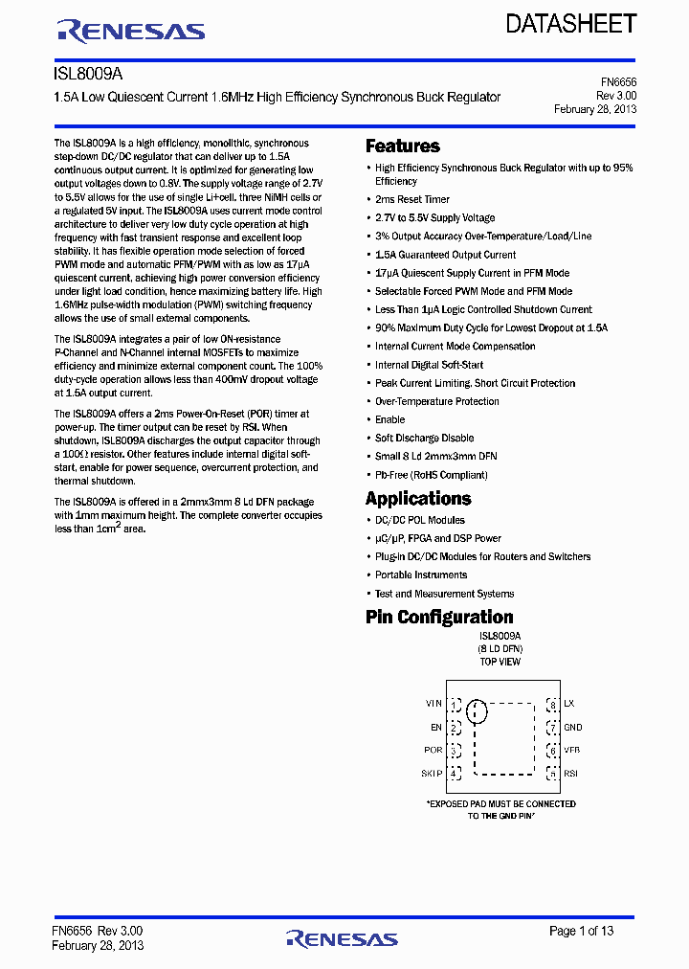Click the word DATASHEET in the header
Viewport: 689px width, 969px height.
pyautogui.click(x=571, y=25)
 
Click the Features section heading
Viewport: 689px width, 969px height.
pyautogui.click(x=403, y=146)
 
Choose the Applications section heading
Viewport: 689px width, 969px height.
pyautogui.click(x=418, y=499)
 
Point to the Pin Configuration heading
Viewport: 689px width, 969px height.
pyautogui.click(x=439, y=618)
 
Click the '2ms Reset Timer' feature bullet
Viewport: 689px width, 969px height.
pyautogui.click(x=411, y=199)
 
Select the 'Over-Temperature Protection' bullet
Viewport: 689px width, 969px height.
pyautogui.click(x=436, y=401)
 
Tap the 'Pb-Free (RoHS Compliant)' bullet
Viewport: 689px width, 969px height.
pyautogui.click(x=431, y=475)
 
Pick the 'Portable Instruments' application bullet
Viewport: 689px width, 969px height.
pyautogui.click(x=420, y=575)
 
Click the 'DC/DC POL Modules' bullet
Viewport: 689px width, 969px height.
pyautogui.click(x=419, y=520)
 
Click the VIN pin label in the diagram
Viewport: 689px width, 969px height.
pyautogui.click(x=433, y=704)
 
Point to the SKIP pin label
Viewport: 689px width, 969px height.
pyautogui.click(x=433, y=774)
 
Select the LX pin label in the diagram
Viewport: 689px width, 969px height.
pyautogui.click(x=568, y=704)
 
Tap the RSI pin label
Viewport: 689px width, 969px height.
pyautogui.click(x=570, y=774)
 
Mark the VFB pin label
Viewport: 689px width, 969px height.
pyautogui.click(x=572, y=751)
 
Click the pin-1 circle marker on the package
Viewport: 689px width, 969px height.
pyautogui.click(x=476, y=710)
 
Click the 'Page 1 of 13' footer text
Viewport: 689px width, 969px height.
pyautogui.click(x=581, y=931)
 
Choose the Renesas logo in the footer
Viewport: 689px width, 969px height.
pyautogui.click(x=342, y=938)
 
